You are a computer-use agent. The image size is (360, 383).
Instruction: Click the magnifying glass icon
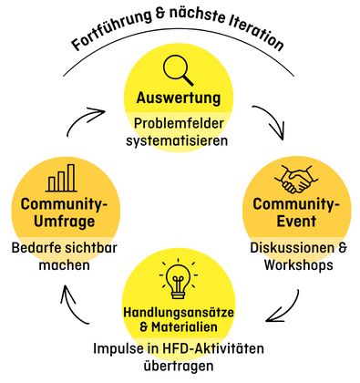coord(179,69)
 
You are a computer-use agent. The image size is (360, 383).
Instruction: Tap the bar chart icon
coord(60,179)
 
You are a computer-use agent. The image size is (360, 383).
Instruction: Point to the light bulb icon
coord(179,279)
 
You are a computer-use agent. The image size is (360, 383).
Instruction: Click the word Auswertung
coord(179,98)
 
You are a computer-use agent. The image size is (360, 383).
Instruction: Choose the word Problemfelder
coord(179,123)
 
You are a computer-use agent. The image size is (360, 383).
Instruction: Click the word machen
coord(64,265)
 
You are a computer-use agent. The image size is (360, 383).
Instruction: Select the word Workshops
coord(297,265)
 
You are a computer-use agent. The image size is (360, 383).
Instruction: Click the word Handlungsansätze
coord(179,313)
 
